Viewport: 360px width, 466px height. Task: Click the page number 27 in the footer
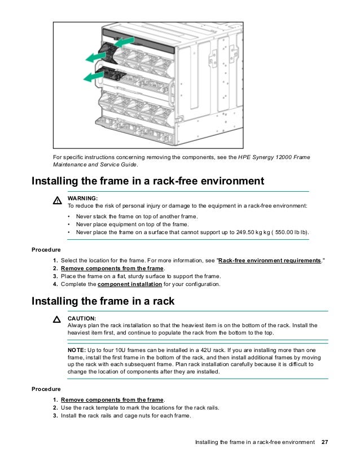click(324, 441)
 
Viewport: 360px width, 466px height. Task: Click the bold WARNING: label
click(82, 199)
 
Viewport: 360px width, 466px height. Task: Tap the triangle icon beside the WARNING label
click(56, 201)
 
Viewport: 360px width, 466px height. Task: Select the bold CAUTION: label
click(82, 318)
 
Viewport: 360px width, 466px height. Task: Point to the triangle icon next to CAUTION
click(56, 320)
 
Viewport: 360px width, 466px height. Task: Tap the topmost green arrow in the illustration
click(125, 42)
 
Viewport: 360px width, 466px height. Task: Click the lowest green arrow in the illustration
click(93, 76)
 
